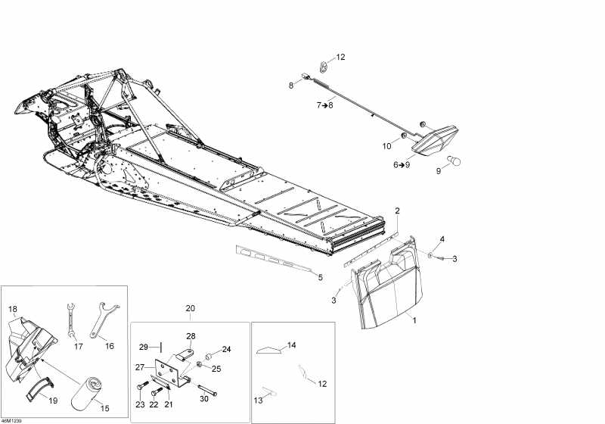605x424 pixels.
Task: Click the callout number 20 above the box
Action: (191, 308)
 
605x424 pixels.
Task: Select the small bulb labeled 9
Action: (455, 161)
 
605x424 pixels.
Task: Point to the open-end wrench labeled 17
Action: (71, 320)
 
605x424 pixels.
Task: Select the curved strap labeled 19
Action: (41, 388)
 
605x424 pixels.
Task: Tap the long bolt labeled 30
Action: (207, 390)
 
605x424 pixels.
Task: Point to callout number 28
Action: (191, 336)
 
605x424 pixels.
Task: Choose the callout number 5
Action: (320, 277)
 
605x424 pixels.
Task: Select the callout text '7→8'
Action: (325, 104)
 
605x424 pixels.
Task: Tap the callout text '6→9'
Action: (402, 164)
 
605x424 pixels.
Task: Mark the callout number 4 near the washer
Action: (442, 239)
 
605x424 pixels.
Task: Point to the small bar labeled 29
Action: (160, 348)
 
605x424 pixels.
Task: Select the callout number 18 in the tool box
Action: (13, 309)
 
